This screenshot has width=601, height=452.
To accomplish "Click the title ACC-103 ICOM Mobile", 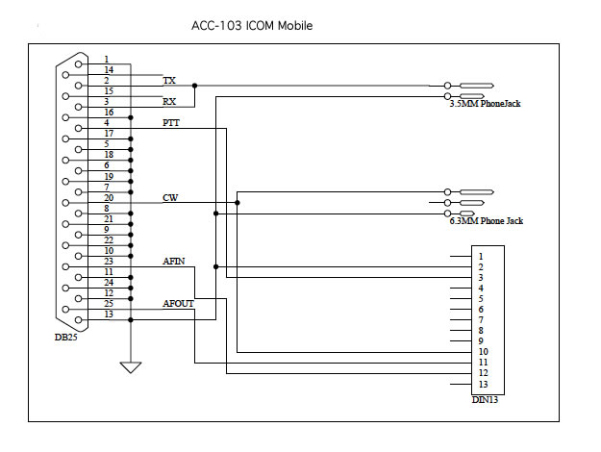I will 252,25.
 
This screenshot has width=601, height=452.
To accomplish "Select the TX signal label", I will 169,81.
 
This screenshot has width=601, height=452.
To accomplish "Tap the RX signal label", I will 169,101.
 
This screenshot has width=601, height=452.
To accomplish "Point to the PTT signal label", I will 171,122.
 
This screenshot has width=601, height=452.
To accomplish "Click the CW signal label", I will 170,198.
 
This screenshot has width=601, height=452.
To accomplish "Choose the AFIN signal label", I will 174,261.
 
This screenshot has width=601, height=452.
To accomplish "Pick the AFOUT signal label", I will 178,303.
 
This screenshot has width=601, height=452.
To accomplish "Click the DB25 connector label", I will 66,338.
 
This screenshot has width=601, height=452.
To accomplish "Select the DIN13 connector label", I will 485,399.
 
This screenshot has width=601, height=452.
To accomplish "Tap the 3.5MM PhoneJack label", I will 485,103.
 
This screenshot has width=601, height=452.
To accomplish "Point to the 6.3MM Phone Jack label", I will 486,221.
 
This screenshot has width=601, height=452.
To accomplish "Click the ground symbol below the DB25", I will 130,366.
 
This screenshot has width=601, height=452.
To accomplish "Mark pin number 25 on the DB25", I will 108,304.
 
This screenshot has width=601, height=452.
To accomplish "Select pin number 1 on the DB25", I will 106,60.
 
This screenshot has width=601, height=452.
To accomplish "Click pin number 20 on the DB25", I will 108,197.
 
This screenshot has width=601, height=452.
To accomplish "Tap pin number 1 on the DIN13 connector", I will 479,257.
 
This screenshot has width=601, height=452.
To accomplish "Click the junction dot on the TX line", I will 195,86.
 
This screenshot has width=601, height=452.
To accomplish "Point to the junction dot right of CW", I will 238,202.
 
